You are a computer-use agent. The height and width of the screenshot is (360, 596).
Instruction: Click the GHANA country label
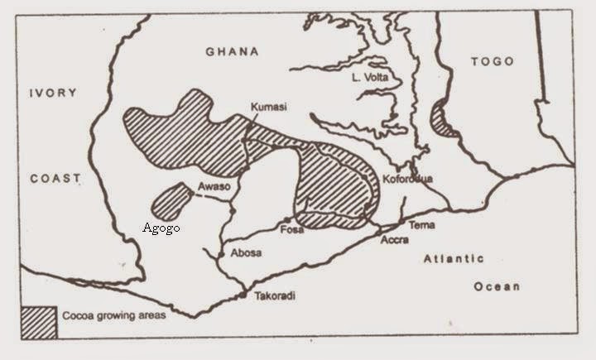pyautogui.click(x=232, y=52)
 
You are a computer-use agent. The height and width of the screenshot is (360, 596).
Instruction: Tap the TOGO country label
pyautogui.click(x=493, y=61)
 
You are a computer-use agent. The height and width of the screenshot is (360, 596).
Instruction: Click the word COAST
pyautogui.click(x=55, y=178)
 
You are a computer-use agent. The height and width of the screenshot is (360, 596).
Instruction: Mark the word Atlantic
pyautogui.click(x=454, y=259)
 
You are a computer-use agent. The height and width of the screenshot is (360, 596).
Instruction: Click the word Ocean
pyautogui.click(x=497, y=286)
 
